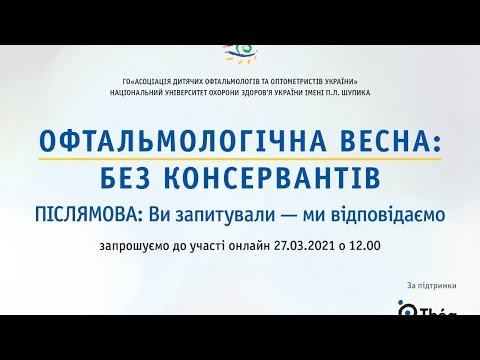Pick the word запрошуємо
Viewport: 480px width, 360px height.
[137, 244]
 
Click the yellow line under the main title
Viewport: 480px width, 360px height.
[240, 160]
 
